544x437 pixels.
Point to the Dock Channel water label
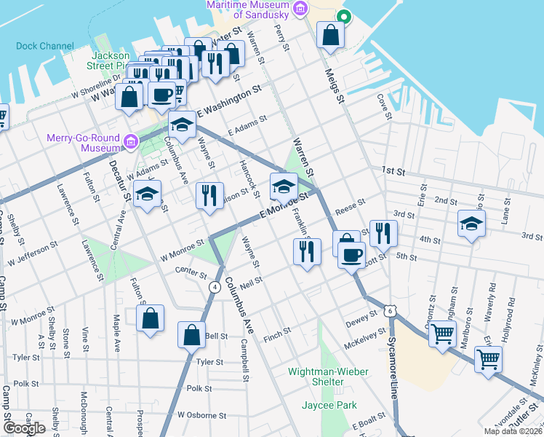click(x=45, y=46)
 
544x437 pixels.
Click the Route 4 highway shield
click(x=215, y=287)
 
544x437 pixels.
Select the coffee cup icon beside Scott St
click(x=352, y=256)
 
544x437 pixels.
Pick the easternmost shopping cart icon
click(x=488, y=358)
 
